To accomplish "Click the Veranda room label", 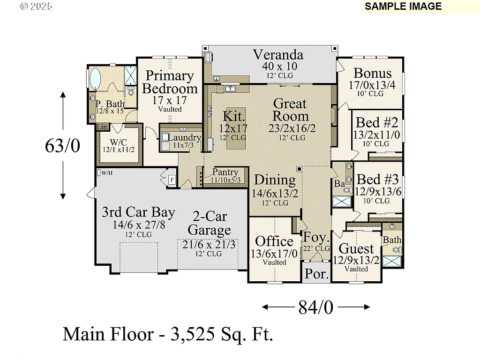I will click(278, 55).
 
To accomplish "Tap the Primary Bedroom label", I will click(170, 82).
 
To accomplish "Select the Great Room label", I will click(291, 110).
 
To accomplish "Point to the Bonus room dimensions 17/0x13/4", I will click(372, 85).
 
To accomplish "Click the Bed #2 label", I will click(377, 123).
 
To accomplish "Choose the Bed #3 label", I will click(377, 180).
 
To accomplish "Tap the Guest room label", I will click(356, 248).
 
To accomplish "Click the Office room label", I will click(274, 241).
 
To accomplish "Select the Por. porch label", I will click(315, 274).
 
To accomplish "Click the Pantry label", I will click(225, 172).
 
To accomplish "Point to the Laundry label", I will click(184, 138).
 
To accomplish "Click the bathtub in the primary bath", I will click(95, 79).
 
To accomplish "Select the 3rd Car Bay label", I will click(138, 212).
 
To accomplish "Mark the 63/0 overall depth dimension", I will click(62, 146).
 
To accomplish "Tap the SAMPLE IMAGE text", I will click(403, 6).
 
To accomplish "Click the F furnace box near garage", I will click(172, 180).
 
